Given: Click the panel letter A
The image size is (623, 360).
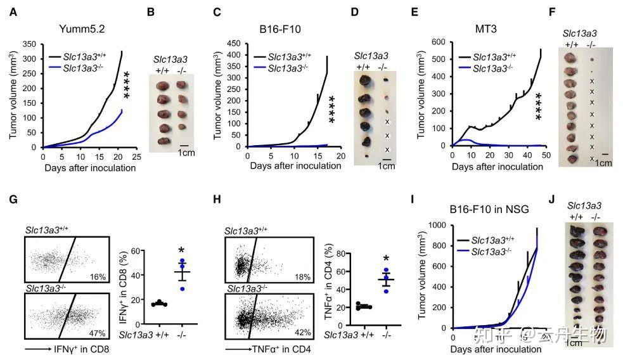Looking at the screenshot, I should pos(12,11).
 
